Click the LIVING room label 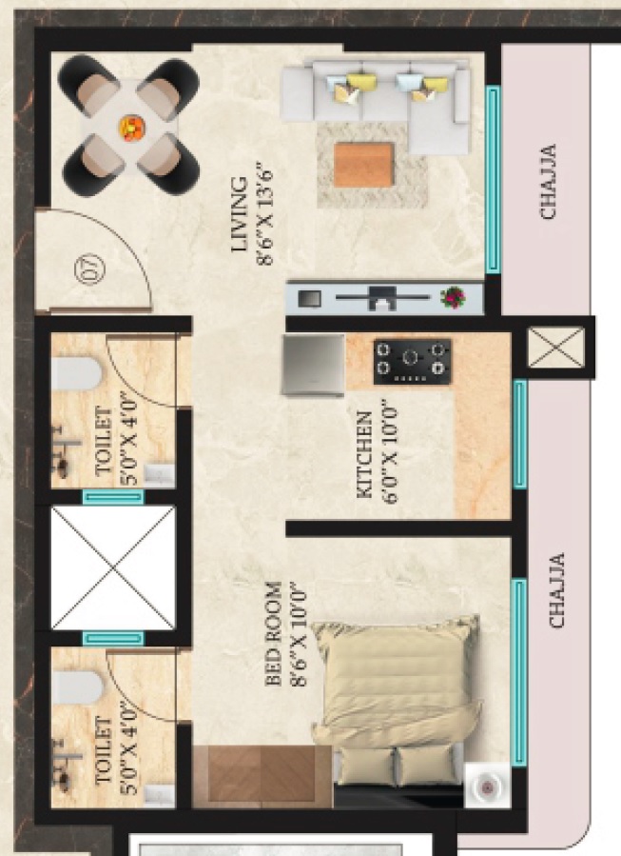click(240, 214)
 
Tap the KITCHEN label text click(365, 455)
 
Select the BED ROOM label click(274, 633)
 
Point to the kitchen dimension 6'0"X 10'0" click(390, 452)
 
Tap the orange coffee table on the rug click(363, 165)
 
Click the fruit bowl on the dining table click(132, 129)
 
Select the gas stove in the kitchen click(412, 361)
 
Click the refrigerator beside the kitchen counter click(313, 364)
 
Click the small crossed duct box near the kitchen click(556, 348)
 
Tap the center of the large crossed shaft click(113, 567)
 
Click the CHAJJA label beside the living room click(548, 182)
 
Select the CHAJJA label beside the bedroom click(556, 590)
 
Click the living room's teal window click(493, 179)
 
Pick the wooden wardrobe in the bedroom click(262, 776)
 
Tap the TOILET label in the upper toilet click(104, 442)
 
